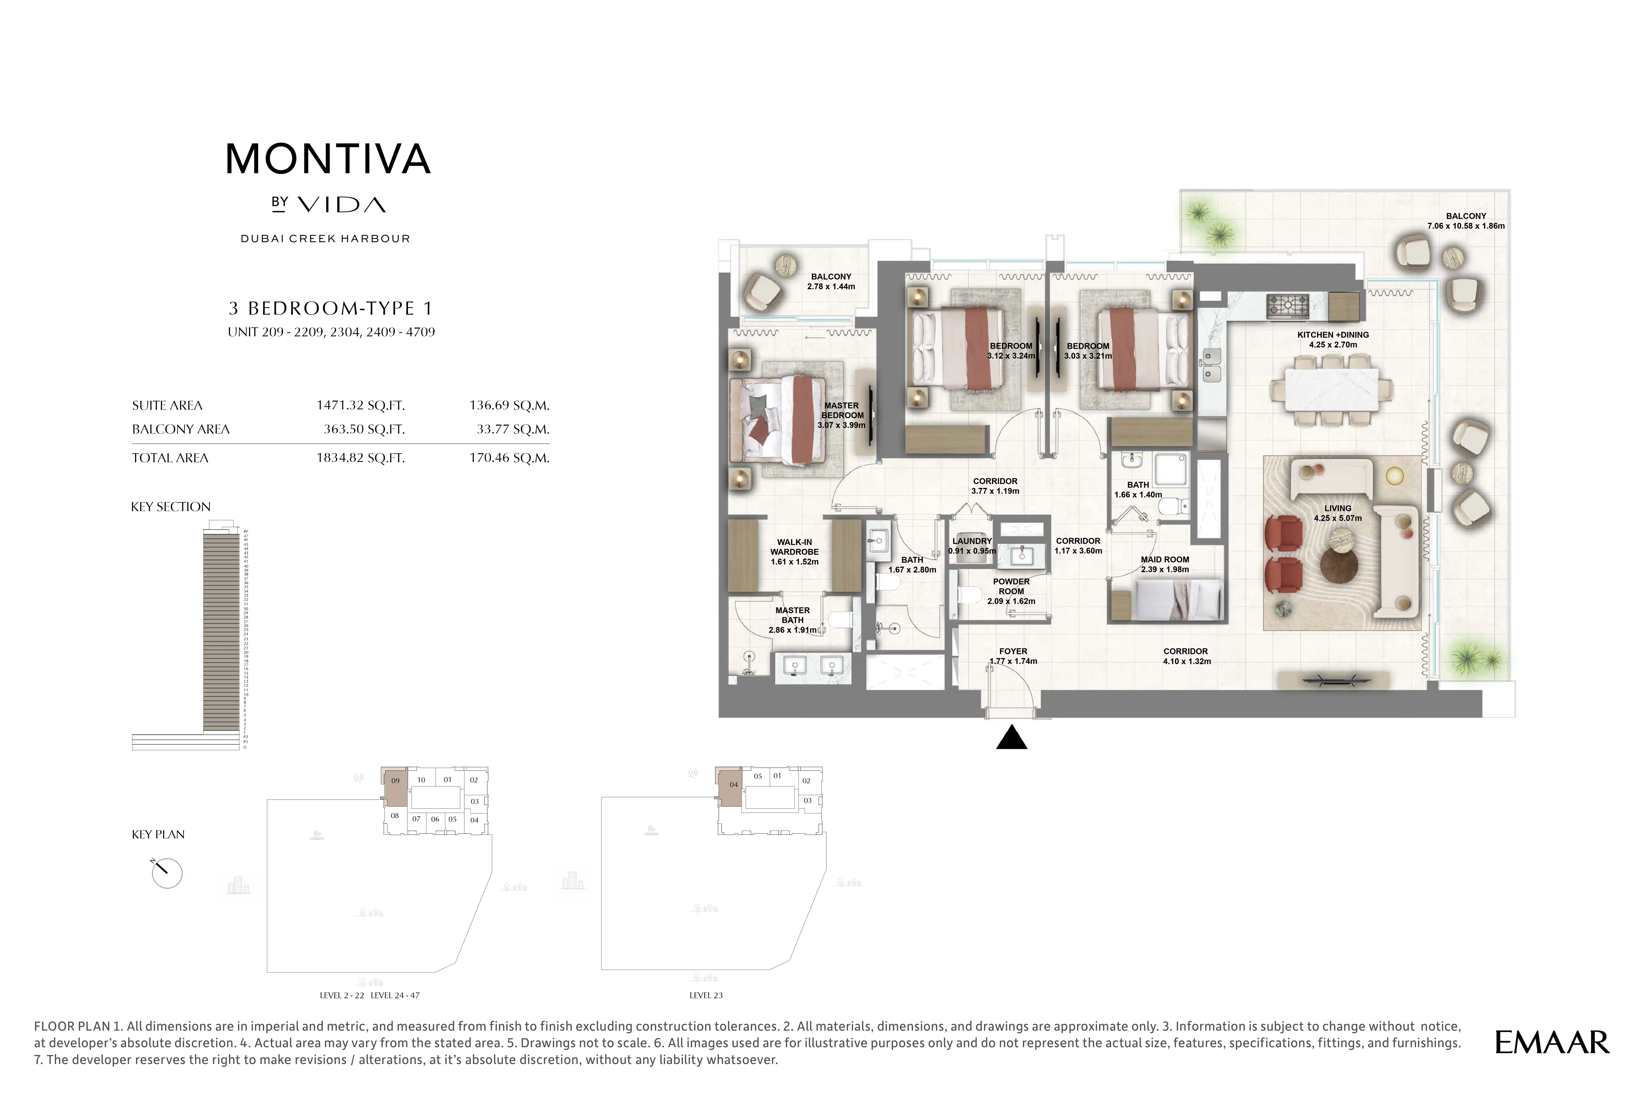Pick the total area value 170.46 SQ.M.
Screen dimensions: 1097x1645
point(509,458)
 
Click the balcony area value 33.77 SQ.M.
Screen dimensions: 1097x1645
point(512,430)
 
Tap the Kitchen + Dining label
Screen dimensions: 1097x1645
point(1332,339)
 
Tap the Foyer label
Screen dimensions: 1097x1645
point(1013,656)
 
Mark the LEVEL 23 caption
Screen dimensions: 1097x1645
point(706,995)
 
